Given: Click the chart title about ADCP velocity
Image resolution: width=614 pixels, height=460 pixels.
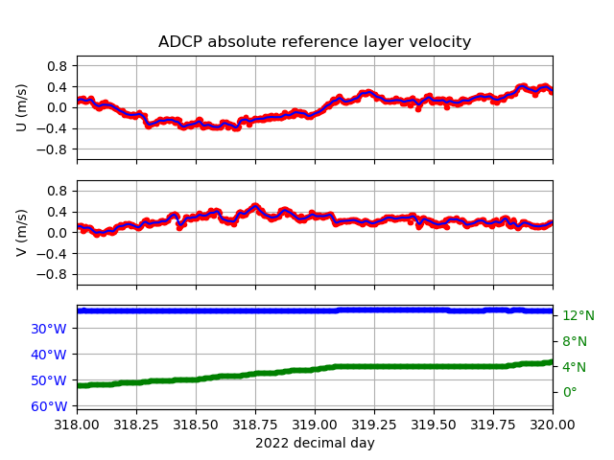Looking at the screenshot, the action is point(315,41).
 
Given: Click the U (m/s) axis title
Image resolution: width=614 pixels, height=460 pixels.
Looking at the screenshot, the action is point(22,107).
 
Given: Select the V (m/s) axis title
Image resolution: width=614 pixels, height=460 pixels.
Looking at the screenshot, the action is point(22,233).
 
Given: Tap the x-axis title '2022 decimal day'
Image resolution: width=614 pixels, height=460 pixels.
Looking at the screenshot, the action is point(315,443).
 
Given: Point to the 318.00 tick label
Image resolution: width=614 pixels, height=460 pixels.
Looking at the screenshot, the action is point(77,425).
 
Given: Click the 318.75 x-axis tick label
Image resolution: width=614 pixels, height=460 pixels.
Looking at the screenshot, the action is point(255,425).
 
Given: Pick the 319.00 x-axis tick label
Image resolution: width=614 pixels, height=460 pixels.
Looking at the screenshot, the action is point(315,425).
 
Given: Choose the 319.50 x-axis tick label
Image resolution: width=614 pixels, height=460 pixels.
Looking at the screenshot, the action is point(434,425).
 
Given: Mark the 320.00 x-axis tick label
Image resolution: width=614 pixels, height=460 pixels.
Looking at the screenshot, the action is point(553,425).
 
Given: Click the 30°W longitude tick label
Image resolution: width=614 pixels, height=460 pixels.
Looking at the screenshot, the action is point(49,329).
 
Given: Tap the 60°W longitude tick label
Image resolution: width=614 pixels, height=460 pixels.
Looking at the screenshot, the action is point(49,406).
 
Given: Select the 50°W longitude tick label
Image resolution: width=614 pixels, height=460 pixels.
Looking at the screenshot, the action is point(49,380).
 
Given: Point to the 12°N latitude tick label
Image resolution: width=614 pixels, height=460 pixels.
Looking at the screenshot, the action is point(579,315).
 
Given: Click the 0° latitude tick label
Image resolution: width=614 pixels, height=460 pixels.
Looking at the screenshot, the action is point(570,392).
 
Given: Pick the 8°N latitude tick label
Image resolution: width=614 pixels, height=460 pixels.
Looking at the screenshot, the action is point(575,341).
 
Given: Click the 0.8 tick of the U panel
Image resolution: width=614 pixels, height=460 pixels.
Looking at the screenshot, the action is point(58,66).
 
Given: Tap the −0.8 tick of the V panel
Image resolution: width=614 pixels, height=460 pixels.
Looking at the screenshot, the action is point(52,275).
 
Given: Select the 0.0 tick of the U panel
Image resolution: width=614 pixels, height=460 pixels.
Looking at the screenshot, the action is point(58,108).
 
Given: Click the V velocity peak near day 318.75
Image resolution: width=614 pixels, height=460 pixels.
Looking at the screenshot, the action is point(255,206).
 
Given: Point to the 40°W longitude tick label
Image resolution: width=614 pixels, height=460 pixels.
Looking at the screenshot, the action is point(49,355).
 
